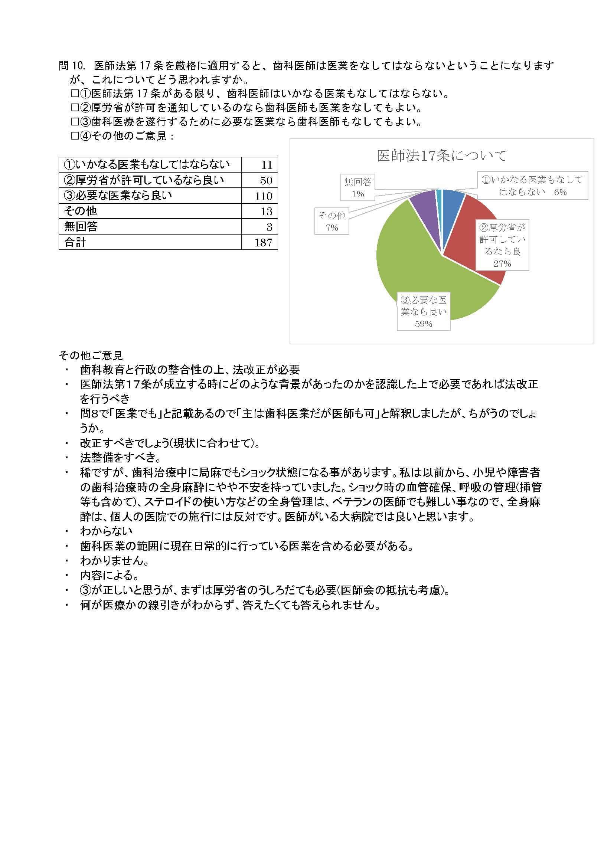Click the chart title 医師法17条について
(x=442, y=156)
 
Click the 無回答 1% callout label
(x=357, y=187)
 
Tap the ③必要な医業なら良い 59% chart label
(x=424, y=311)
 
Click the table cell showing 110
(x=263, y=196)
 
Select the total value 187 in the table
(x=263, y=242)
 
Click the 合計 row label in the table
(x=76, y=242)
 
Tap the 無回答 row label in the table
(x=81, y=226)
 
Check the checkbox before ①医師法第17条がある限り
(x=74, y=94)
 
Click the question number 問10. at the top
(x=71, y=66)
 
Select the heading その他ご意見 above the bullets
(x=91, y=356)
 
